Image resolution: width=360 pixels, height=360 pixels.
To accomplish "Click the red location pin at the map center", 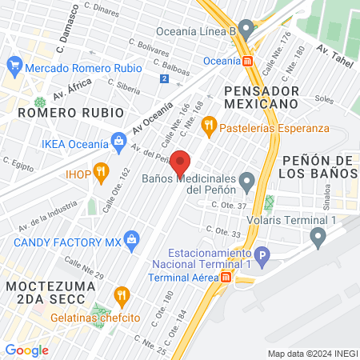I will pyautogui.click(x=181, y=162).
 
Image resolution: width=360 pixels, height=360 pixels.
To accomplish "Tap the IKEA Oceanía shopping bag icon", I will pyautogui.click(x=119, y=142).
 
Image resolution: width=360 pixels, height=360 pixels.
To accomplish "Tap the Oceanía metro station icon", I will pyautogui.click(x=249, y=60).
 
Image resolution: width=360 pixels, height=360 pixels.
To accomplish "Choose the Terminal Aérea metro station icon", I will pyautogui.click(x=226, y=277).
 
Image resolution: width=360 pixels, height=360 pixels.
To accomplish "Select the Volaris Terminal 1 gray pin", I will pyautogui.click(x=318, y=235).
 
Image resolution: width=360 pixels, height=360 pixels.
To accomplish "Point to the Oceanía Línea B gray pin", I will pyautogui.click(x=246, y=30).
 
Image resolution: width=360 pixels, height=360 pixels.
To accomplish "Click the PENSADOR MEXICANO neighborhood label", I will pyautogui.click(x=262, y=97).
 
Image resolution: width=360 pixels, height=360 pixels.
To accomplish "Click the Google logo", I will pyautogui.click(x=26, y=350).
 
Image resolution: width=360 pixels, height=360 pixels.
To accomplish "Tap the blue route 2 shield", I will pyautogui.click(x=164, y=78).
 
